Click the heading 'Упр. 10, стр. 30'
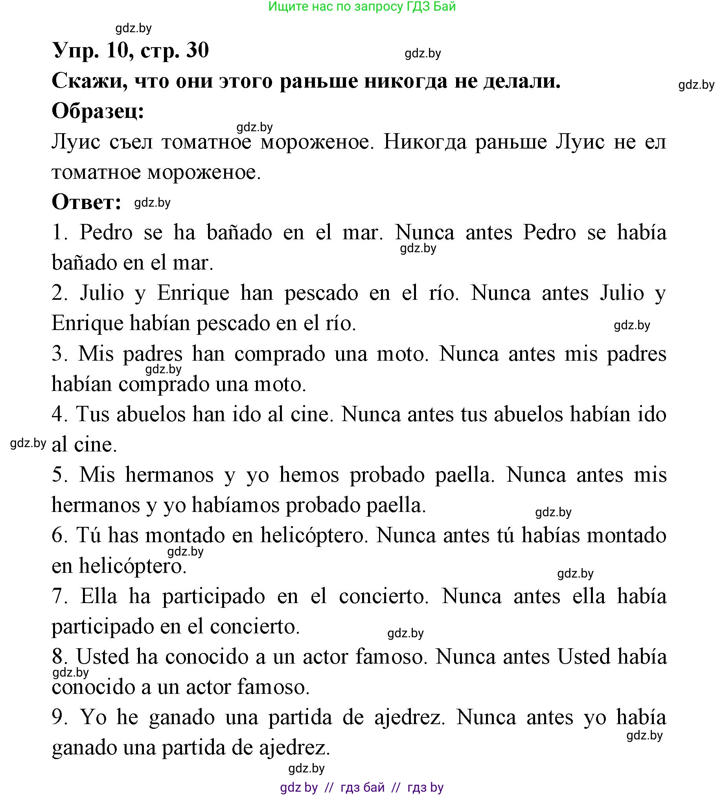(131, 51)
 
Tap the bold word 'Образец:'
(98, 112)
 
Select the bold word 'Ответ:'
(86, 202)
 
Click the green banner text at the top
(362, 7)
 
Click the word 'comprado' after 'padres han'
(280, 354)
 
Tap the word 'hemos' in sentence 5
(309, 475)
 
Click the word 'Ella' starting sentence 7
(99, 596)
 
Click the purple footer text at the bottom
(362, 787)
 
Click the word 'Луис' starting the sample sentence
(76, 142)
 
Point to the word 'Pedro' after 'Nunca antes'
(550, 233)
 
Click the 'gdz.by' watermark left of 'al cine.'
(28, 444)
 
